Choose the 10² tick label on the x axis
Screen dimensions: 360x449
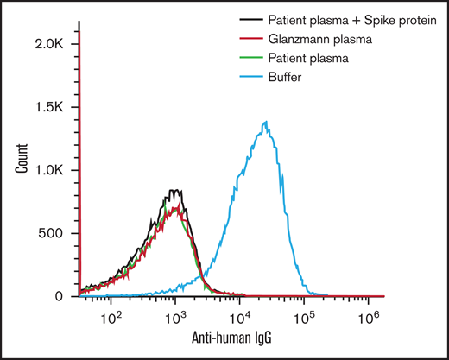point(111,316)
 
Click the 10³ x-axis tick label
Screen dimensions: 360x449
point(175,316)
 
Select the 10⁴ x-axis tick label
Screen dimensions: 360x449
point(240,316)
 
